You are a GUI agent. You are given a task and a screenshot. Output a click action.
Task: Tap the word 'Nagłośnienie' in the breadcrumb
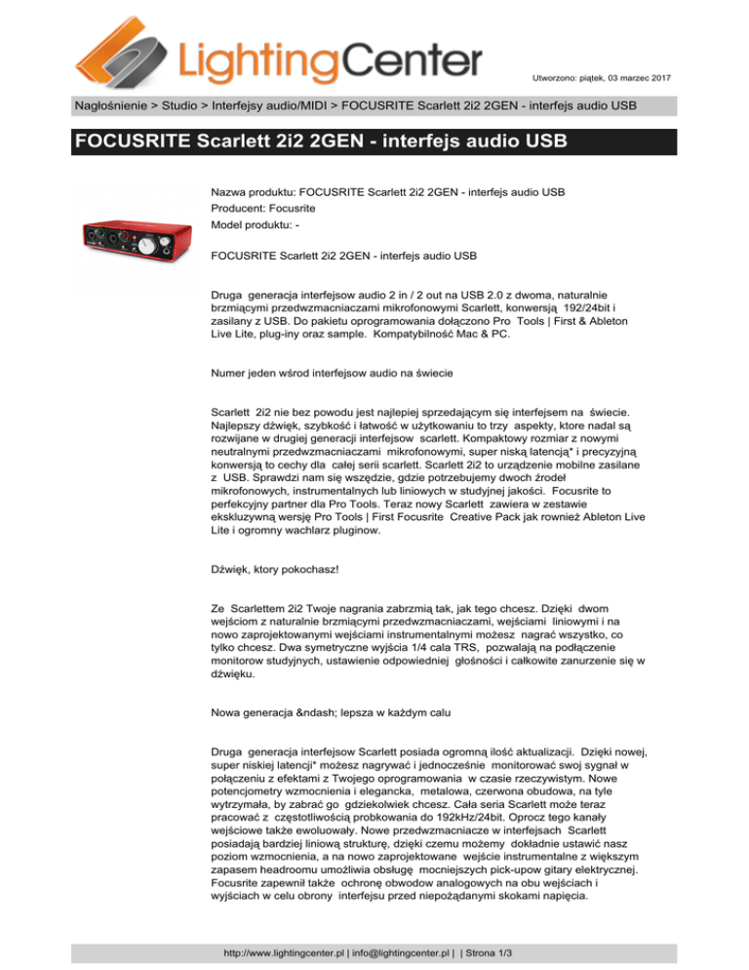[114, 103]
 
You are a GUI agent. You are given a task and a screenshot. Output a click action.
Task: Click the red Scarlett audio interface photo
[131, 238]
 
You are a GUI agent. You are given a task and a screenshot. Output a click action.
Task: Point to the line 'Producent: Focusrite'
[264, 208]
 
